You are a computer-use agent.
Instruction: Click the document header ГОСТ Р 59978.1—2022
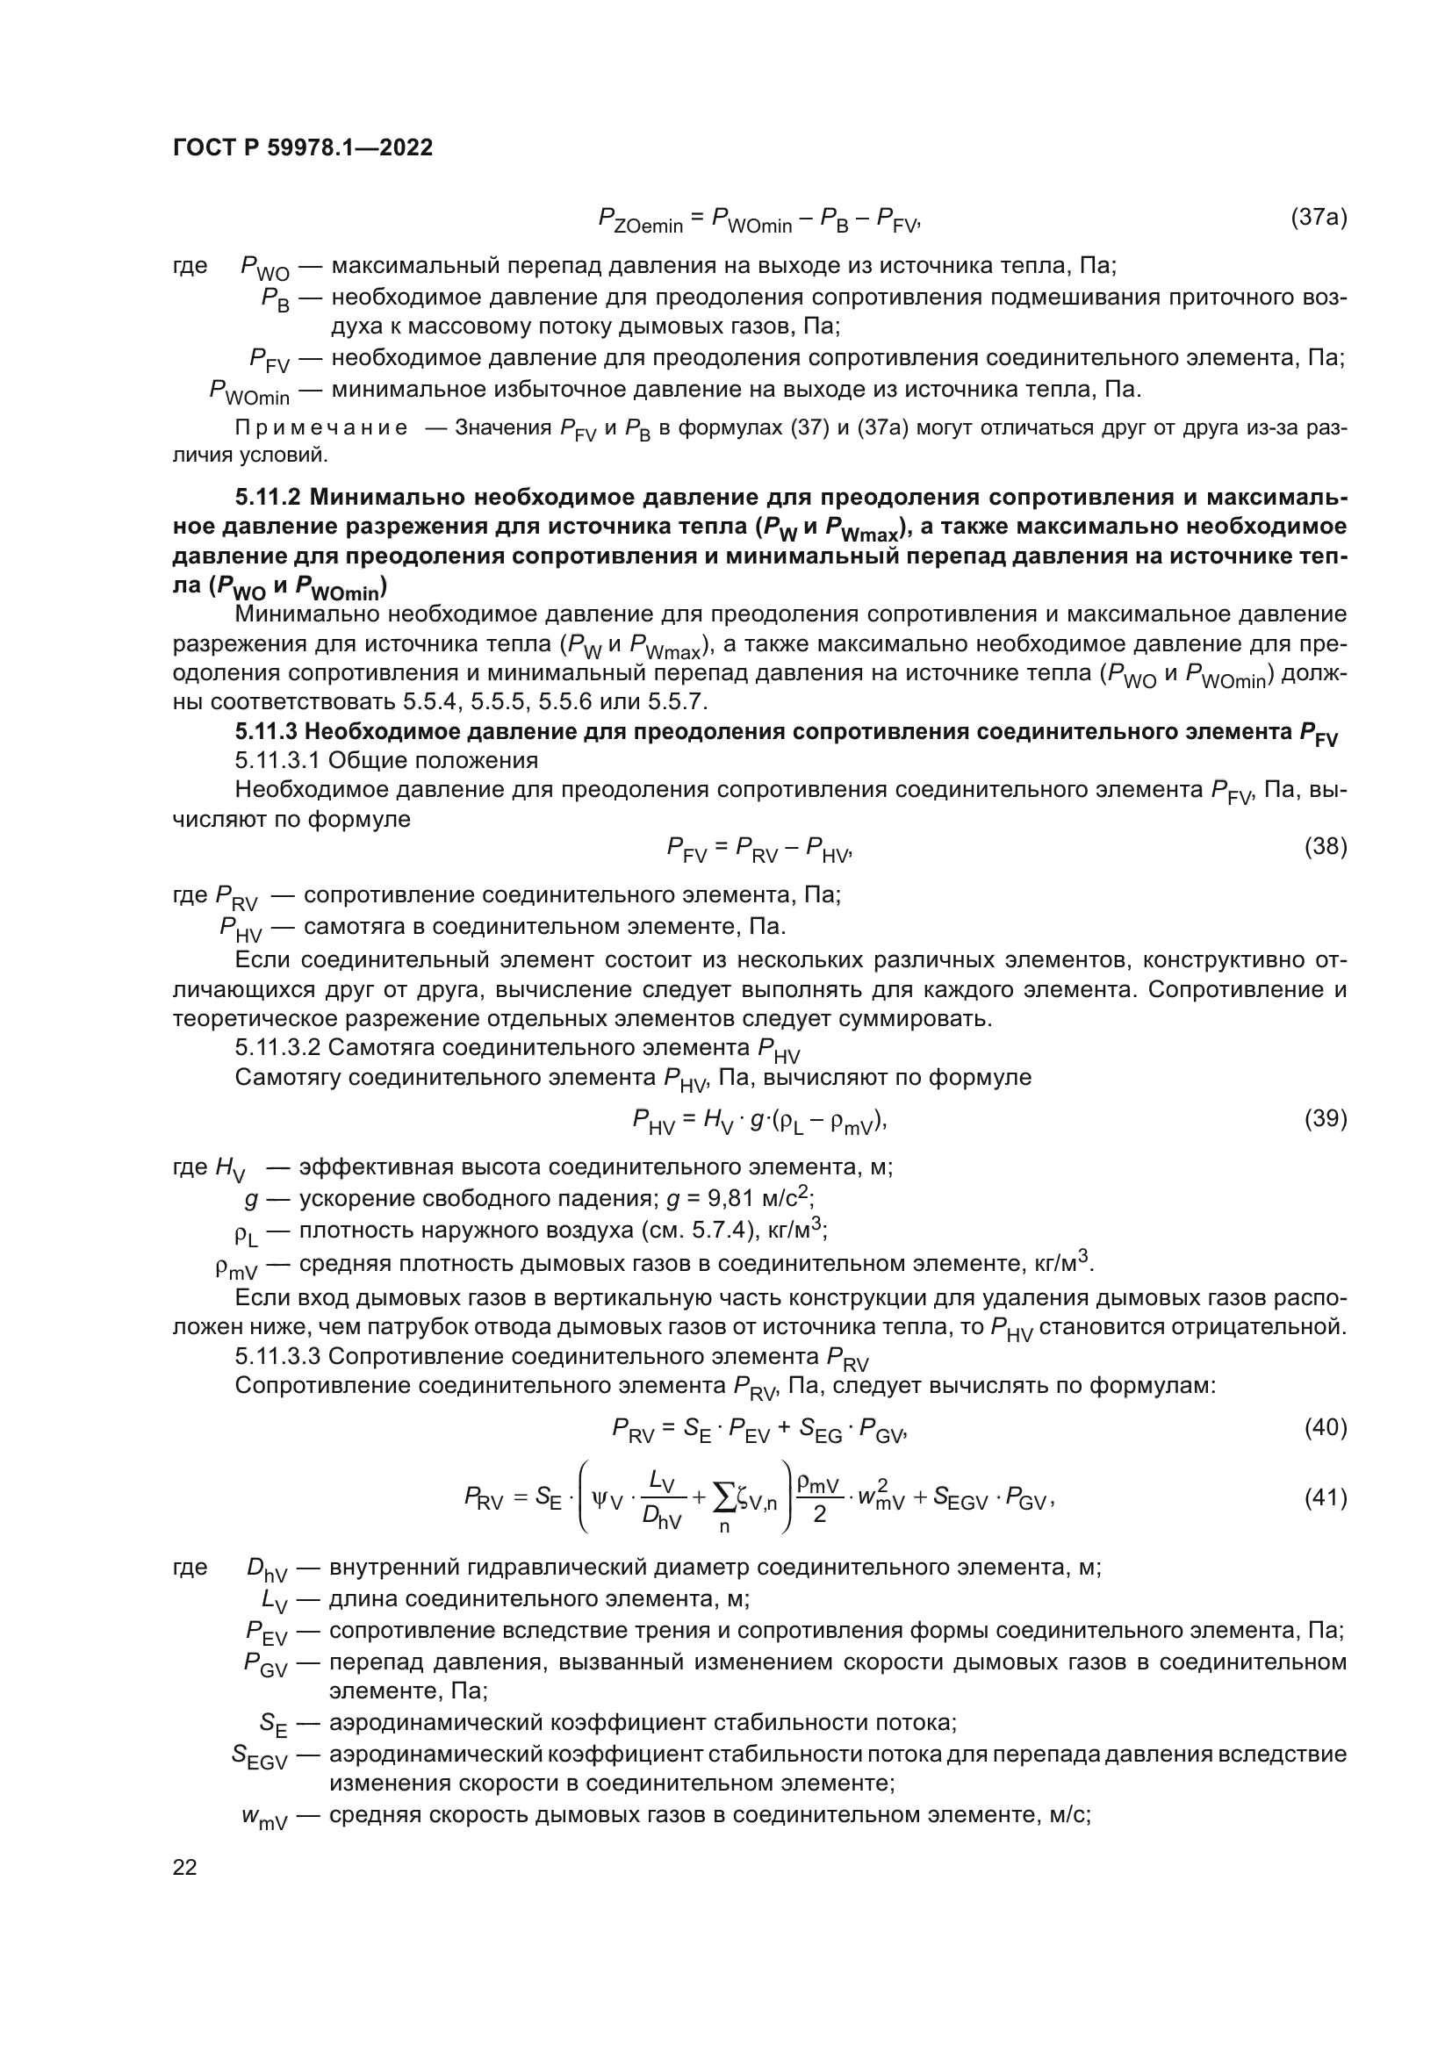(x=302, y=147)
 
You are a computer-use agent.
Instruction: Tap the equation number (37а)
(x=1318, y=217)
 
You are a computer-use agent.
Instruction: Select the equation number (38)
(x=1325, y=846)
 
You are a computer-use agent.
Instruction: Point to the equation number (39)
(x=1325, y=1117)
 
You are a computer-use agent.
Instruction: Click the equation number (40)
(x=1325, y=1427)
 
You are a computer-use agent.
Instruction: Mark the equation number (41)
(x=1325, y=1497)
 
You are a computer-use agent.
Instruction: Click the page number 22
(x=184, y=1867)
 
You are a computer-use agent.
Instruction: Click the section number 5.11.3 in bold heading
(x=267, y=731)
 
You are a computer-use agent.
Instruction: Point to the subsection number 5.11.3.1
(x=278, y=761)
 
